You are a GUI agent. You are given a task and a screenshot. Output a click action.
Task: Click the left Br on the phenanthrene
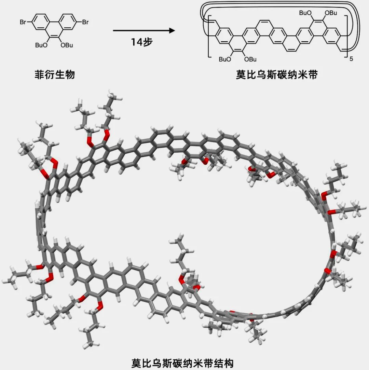tap(24, 23)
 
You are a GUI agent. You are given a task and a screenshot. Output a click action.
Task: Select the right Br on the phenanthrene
tap(85, 23)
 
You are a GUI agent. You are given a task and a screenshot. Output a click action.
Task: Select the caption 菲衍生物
tap(55, 75)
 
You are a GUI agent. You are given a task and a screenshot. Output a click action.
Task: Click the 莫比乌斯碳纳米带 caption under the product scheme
tap(277, 75)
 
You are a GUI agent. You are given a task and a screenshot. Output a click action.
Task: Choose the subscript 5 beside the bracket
tap(352, 59)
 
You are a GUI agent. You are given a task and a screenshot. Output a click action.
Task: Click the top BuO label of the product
tap(305, 13)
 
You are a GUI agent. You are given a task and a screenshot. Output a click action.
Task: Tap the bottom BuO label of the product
tap(225, 59)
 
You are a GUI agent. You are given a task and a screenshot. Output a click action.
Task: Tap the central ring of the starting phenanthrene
tap(55, 31)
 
